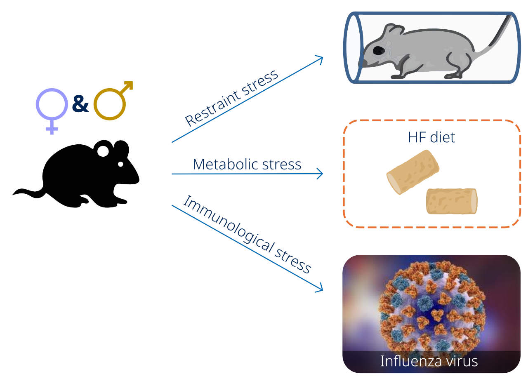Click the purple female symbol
52,108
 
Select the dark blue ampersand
80,105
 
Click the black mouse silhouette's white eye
120,164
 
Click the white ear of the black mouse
103,151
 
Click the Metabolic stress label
247,164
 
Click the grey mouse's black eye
378,50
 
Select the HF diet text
431,137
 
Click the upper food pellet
412,172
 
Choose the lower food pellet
451,201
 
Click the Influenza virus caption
429,361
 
